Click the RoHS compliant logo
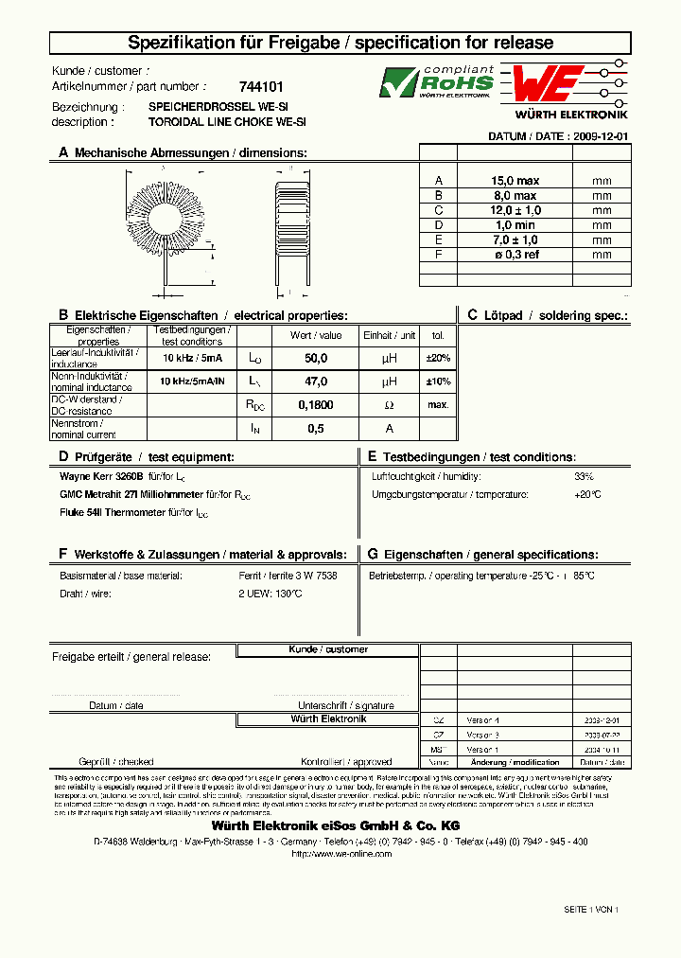(x=436, y=82)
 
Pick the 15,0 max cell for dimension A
(x=515, y=181)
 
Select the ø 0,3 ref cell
(x=515, y=255)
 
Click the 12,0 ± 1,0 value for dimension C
(x=515, y=210)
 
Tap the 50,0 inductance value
(x=316, y=358)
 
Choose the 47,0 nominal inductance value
(x=316, y=381)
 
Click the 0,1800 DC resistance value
(x=316, y=405)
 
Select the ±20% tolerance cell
(x=438, y=358)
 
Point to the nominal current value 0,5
(x=316, y=429)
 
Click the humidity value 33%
(x=584, y=476)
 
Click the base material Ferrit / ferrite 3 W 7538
(x=288, y=576)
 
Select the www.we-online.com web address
(x=340, y=853)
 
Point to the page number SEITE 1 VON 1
(x=590, y=909)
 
